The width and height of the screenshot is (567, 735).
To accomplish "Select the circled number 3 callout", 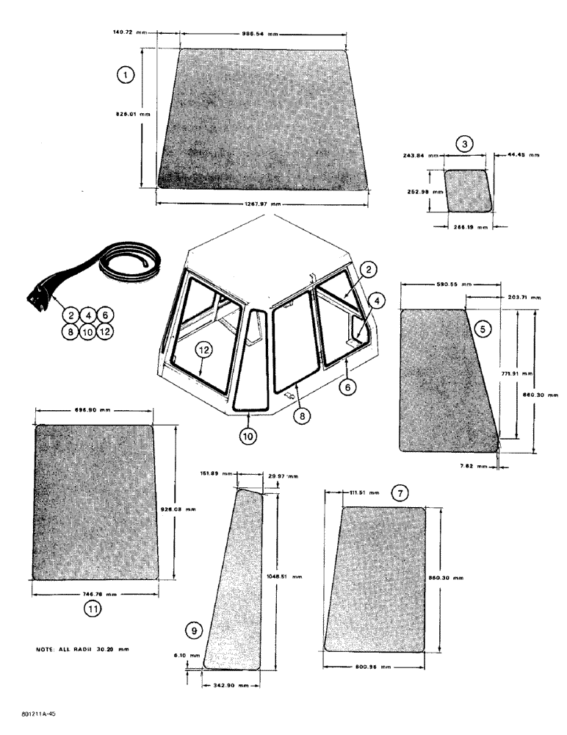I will coord(464,144).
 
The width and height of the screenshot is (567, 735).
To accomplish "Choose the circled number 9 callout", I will coord(193,629).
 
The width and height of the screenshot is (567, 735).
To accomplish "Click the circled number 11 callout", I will coord(93,609).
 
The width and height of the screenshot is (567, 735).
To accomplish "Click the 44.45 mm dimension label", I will coord(524,155).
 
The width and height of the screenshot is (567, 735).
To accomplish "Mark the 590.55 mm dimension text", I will coord(433,283).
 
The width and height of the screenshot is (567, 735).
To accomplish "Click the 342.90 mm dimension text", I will coord(231,684).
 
